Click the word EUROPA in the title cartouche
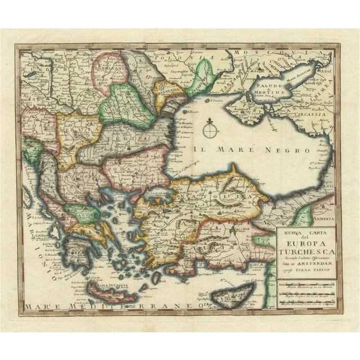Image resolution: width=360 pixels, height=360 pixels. (307, 244)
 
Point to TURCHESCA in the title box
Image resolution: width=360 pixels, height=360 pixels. (307, 254)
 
